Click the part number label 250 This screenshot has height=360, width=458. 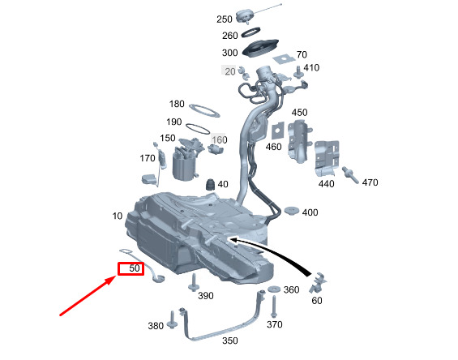pyautogui.click(x=225, y=19)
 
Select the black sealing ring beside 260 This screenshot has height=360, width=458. pyautogui.click(x=251, y=32)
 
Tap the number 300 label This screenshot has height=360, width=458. pyautogui.click(x=230, y=53)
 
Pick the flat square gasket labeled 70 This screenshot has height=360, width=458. pyautogui.click(x=284, y=58)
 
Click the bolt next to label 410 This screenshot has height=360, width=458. pyautogui.click(x=298, y=72)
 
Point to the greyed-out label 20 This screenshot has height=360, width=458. pyautogui.click(x=230, y=71)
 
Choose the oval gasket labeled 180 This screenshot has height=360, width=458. pyautogui.click(x=204, y=111)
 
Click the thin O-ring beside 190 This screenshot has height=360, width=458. pyautogui.click(x=198, y=129)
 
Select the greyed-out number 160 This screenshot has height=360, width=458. pyautogui.click(x=220, y=139)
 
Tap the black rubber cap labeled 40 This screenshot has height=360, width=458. pyautogui.click(x=210, y=185)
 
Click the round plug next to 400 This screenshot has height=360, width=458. pyautogui.click(x=292, y=210)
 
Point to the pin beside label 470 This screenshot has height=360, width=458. pyautogui.click(x=350, y=175)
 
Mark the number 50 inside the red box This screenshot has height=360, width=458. pyautogui.click(x=135, y=268)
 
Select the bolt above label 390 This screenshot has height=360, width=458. pyautogui.click(x=193, y=282)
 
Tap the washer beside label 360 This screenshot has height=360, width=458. pyautogui.click(x=274, y=289)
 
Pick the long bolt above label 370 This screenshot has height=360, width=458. pyautogui.click(x=274, y=306)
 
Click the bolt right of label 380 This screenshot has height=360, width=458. pyautogui.click(x=171, y=320)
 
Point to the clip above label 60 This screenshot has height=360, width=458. pyautogui.click(x=318, y=282)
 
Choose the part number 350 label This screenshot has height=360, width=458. pyautogui.click(x=230, y=341)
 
